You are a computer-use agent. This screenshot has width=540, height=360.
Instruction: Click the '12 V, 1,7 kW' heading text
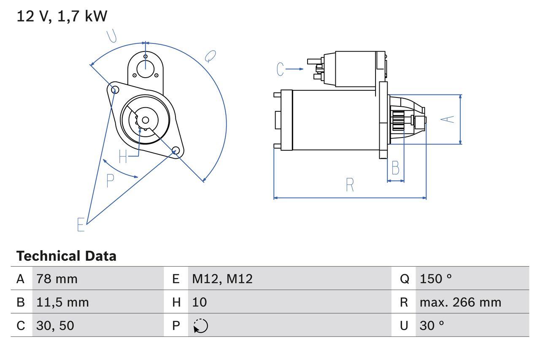coord(62,16)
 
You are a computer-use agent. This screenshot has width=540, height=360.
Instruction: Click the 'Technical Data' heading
coord(66,256)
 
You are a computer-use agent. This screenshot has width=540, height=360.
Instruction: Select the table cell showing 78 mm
coord(57,279)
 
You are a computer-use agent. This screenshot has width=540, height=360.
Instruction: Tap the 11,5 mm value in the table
coord(62,302)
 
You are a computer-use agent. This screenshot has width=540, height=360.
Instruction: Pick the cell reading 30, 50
coord(55,325)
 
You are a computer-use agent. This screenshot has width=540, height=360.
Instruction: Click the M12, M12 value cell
coord(222,279)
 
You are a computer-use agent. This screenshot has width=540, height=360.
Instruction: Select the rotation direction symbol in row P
coord(201,326)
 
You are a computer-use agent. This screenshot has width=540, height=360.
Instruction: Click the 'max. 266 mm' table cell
coord(460,302)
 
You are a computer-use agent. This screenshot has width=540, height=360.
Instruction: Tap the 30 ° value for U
coord(432,325)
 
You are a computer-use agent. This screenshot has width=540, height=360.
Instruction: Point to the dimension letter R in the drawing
coord(350,185)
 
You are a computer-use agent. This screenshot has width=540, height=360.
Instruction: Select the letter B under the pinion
coord(395,168)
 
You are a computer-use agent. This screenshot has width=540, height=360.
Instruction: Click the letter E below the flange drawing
coord(81,225)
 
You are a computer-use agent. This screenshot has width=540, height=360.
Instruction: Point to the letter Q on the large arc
coord(210,56)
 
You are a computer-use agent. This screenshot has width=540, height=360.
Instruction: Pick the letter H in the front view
coord(123,157)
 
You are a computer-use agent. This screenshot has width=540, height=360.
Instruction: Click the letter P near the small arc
coord(110,181)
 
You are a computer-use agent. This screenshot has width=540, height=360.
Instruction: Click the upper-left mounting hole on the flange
coord(113,88)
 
